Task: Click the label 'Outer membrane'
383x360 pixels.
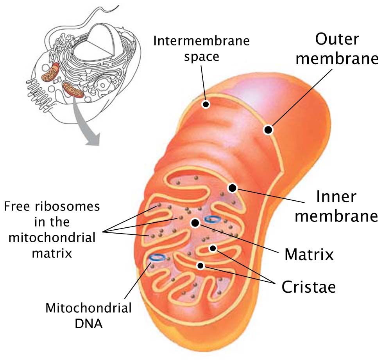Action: coord(337,49)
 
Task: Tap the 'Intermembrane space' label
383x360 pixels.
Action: coord(202,49)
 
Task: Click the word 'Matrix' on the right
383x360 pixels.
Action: coord(309,254)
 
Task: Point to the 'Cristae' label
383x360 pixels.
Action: coord(308,286)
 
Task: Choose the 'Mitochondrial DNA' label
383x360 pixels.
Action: coord(88,315)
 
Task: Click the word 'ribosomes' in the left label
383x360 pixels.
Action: coord(67,207)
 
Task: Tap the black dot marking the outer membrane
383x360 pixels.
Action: coord(268,130)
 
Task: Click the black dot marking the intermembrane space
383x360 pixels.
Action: coord(206,104)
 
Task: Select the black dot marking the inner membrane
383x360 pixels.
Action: coord(232,188)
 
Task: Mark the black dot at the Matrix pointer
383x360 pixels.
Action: coord(195,223)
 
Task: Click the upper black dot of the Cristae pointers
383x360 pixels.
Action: coord(213,248)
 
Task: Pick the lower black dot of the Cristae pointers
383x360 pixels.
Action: coord(200,265)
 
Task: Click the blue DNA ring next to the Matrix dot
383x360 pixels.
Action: coord(212,219)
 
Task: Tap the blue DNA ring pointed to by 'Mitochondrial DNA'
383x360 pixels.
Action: coord(157,257)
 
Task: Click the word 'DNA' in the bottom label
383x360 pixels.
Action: coord(88,324)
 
